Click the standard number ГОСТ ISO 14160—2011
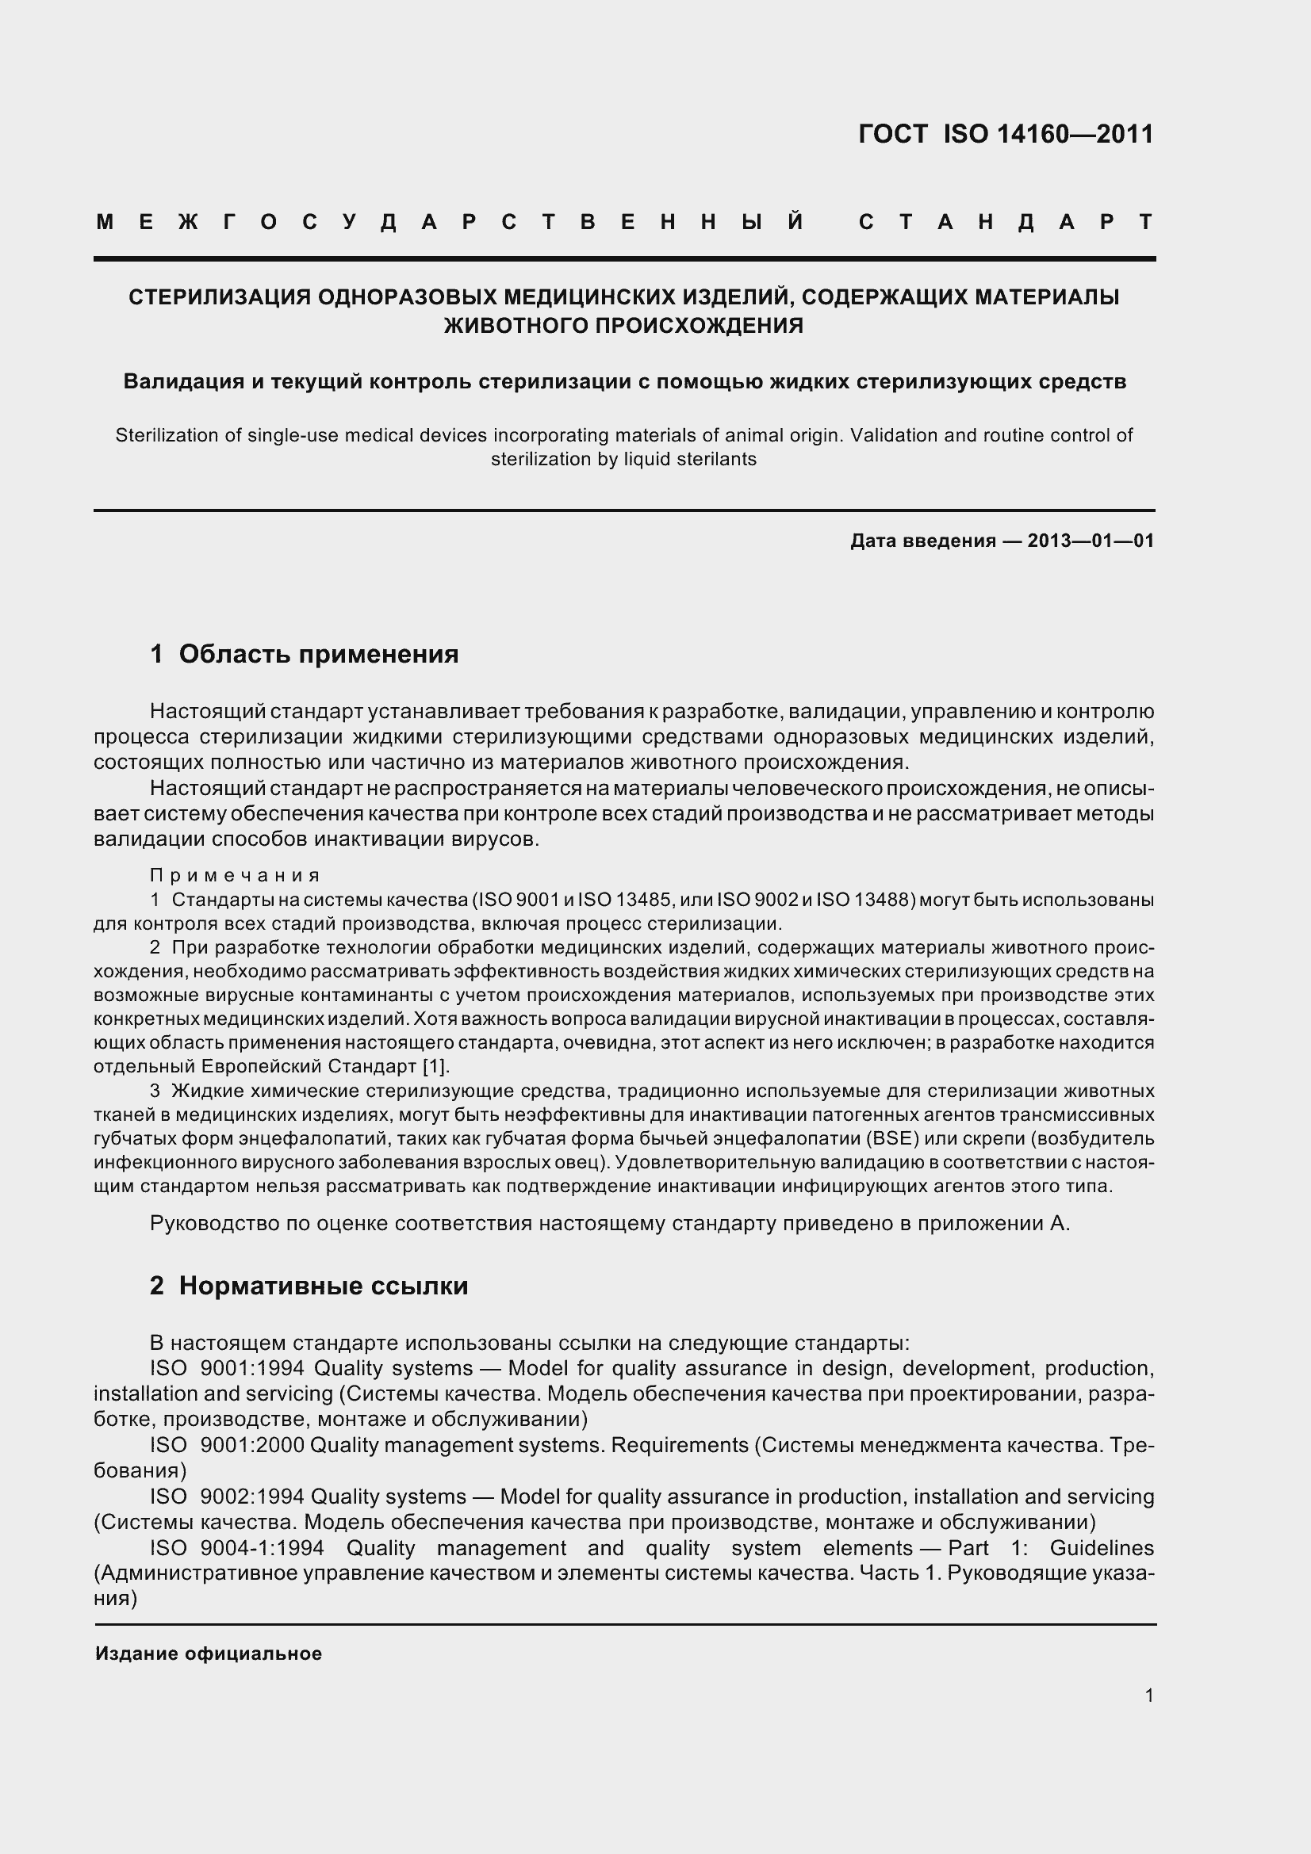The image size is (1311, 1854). click(x=1006, y=134)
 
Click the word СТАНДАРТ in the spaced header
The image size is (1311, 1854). click(x=1006, y=222)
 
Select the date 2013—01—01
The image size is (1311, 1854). click(x=1091, y=541)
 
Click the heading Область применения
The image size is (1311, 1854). click(x=318, y=654)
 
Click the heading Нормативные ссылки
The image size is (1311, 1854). click(x=323, y=1286)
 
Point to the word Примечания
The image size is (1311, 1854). click(x=235, y=876)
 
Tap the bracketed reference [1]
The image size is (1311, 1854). click(x=435, y=1067)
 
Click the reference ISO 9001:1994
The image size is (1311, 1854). click(x=227, y=1369)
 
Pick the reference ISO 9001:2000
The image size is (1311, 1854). click(x=227, y=1445)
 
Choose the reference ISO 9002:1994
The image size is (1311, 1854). click(x=227, y=1497)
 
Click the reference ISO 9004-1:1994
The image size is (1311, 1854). click(x=236, y=1548)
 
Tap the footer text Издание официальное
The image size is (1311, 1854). click(x=209, y=1653)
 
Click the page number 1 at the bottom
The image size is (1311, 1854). click(x=1148, y=1695)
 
